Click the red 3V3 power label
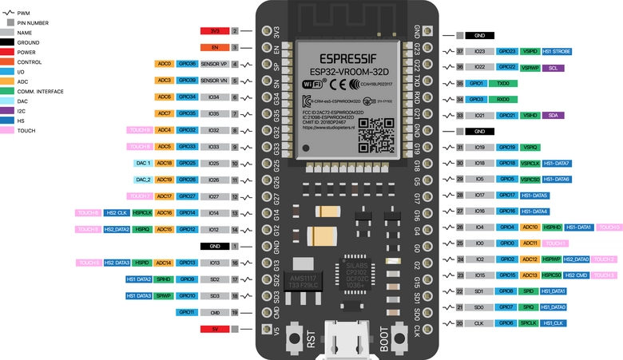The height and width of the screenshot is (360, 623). click(x=215, y=31)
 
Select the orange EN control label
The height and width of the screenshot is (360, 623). click(x=215, y=47)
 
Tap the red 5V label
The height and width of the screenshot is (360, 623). click(x=215, y=328)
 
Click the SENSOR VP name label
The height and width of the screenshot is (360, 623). click(x=214, y=63)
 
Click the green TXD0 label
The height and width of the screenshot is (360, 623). click(x=502, y=83)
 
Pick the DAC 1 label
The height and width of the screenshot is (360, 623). click(x=142, y=163)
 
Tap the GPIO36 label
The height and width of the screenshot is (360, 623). click(x=187, y=63)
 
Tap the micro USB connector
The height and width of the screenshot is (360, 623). click(x=350, y=339)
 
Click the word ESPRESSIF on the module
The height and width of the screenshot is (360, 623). click(x=343, y=58)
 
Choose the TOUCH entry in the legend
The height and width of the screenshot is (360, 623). click(x=27, y=129)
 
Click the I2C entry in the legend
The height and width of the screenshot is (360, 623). click(x=22, y=111)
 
